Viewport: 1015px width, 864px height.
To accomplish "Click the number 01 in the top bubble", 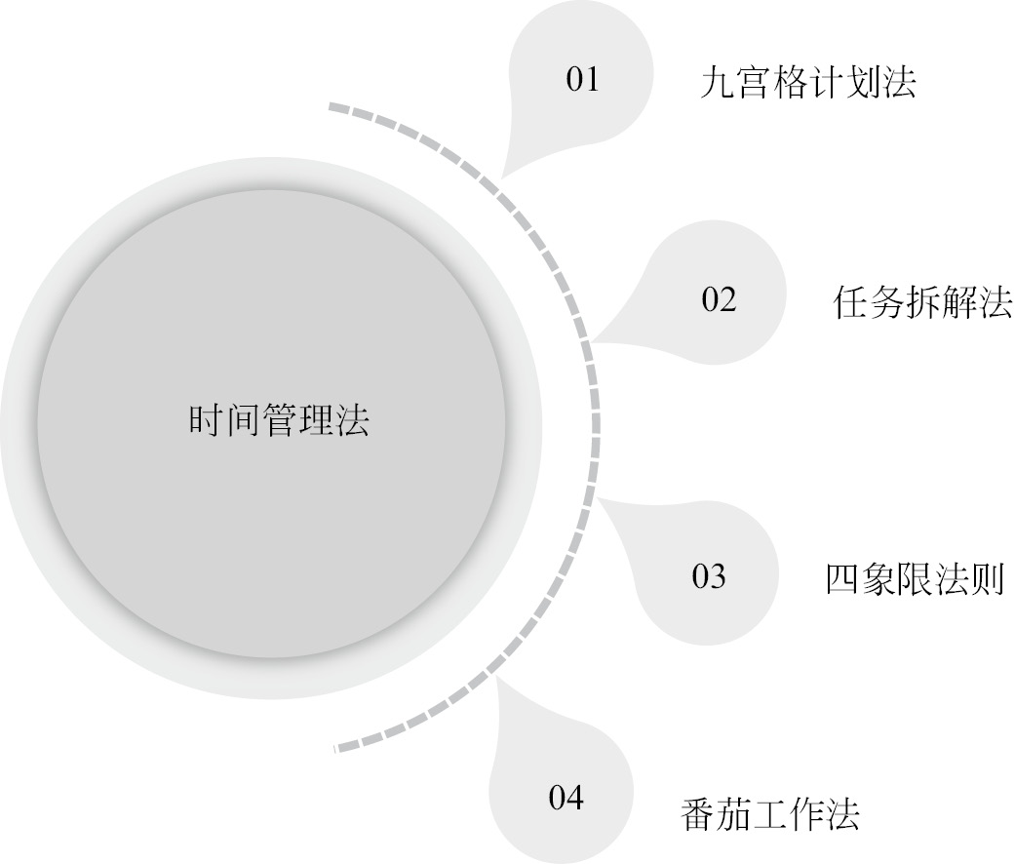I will click(582, 79).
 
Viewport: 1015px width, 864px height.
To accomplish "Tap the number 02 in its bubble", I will click(719, 300).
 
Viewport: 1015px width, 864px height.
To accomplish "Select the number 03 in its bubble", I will click(709, 577).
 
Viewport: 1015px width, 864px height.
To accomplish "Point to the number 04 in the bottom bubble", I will click(566, 799).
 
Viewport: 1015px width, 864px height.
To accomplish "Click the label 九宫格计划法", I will click(808, 83).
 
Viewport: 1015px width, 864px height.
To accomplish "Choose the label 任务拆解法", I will click(922, 303).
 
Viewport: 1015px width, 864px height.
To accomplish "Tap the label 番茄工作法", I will click(769, 814).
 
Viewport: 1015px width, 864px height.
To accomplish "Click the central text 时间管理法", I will click(278, 420).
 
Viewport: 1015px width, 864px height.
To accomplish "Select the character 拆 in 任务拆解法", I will click(922, 303).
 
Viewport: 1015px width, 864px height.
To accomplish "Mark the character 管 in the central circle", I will click(278, 420).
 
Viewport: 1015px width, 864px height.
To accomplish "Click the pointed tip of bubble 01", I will click(503, 176).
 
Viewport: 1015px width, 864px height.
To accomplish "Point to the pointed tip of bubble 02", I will click(593, 341).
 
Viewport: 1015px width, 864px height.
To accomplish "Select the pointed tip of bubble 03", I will click(598, 500).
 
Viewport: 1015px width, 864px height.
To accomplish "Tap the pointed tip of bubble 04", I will click(498, 677).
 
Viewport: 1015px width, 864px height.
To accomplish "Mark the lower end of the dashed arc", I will click(336, 749).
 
